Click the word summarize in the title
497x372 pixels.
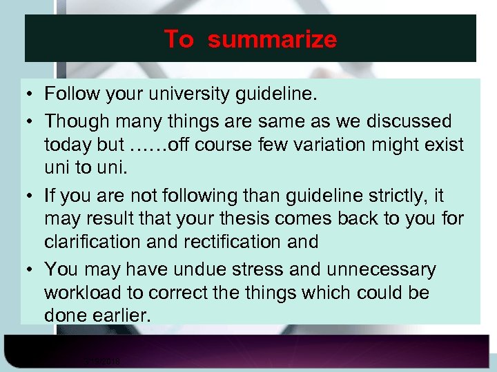point(272,39)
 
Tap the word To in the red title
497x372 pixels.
point(179,39)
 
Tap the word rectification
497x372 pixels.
point(236,242)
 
